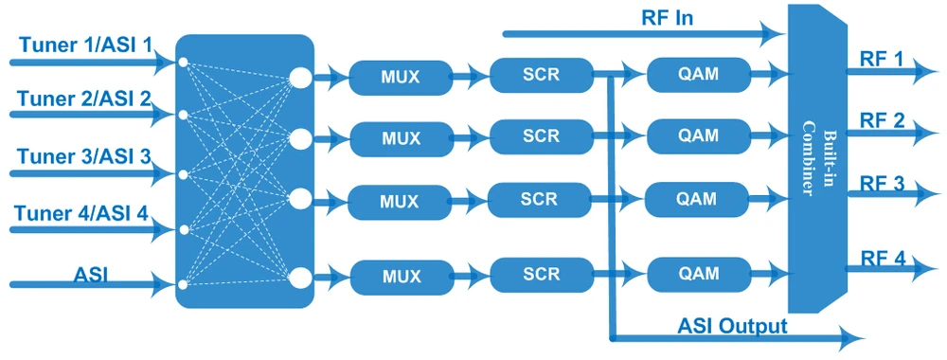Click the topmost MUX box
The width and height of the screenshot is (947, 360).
click(401, 77)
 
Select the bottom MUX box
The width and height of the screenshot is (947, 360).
click(401, 277)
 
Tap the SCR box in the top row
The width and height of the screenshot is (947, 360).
click(541, 75)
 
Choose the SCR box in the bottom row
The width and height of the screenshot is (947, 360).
click(541, 275)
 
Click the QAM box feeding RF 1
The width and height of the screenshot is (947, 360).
click(698, 75)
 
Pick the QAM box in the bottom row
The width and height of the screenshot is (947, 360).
click(698, 274)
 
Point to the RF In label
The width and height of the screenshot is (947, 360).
click(667, 18)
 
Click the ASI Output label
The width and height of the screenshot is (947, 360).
click(733, 327)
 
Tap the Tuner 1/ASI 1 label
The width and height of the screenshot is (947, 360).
click(86, 45)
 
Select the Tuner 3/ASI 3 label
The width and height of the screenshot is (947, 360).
click(84, 156)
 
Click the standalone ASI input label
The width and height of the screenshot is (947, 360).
click(91, 275)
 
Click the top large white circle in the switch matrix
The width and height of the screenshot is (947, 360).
click(300, 78)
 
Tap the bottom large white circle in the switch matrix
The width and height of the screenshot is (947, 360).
click(300, 278)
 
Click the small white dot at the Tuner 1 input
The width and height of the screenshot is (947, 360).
click(183, 62)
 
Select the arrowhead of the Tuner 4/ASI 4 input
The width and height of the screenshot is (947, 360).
click(162, 229)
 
